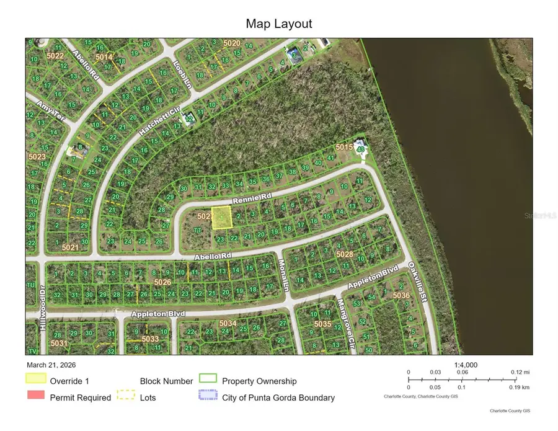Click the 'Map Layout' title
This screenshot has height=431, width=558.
(x=279, y=24)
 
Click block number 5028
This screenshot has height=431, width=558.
(x=344, y=254)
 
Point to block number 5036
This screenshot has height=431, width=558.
(x=401, y=296)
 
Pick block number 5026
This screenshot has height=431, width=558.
(x=162, y=282)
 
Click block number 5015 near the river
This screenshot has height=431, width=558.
(x=344, y=147)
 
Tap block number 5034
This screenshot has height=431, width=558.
(x=228, y=323)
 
